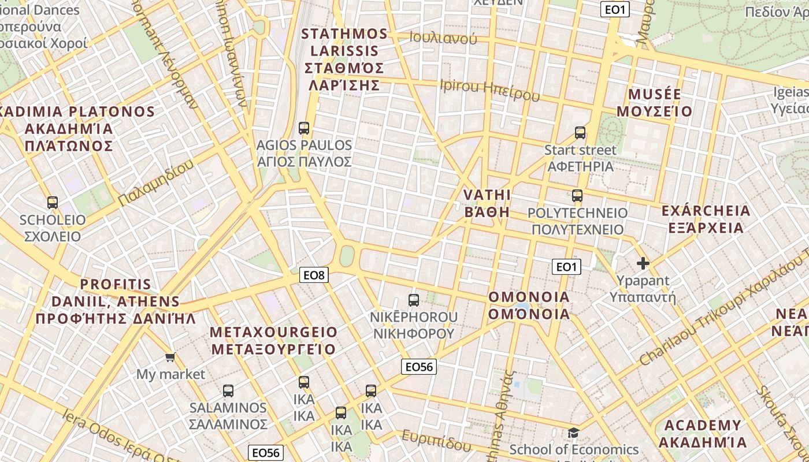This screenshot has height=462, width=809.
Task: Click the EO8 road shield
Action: tap(314, 275)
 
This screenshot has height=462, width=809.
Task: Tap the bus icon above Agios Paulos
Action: tap(304, 128)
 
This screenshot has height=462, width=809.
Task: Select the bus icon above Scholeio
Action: tap(53, 203)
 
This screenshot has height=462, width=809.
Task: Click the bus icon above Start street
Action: tap(580, 133)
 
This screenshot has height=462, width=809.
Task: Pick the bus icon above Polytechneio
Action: tap(577, 196)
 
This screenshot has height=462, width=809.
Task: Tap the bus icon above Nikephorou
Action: tap(414, 300)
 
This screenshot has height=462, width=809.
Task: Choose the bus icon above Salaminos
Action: tap(228, 390)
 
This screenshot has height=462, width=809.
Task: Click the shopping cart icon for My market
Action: tap(170, 357)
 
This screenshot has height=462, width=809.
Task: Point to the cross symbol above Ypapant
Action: tap(643, 264)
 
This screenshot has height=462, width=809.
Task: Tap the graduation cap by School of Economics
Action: tap(573, 433)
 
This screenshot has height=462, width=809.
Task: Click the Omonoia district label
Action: tap(529, 305)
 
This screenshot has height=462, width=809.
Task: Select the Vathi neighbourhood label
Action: tap(487, 203)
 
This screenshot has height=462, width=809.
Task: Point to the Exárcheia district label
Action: tap(706, 219)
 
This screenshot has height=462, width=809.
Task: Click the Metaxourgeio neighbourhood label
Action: tap(273, 341)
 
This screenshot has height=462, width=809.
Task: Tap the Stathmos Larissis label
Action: tap(344, 59)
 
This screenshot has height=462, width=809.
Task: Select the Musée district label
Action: tap(655, 102)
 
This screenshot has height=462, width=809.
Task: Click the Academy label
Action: tap(703, 434)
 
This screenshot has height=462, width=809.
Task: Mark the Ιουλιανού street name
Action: tap(443, 38)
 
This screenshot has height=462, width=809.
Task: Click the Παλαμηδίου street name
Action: tap(155, 184)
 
